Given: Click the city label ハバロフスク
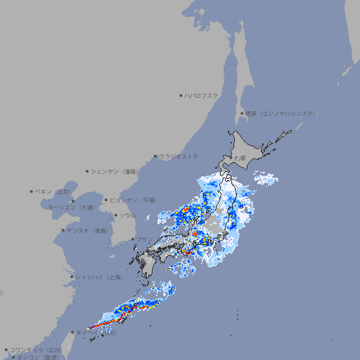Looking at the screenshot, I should tap(202, 95).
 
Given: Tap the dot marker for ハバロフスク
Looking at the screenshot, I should tap(181, 95).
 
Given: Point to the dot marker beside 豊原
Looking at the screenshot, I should tap(242, 113).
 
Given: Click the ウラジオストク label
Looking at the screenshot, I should tap(179, 156).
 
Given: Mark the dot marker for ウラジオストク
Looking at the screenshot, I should tap(155, 156).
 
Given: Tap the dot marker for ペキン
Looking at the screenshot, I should tap(32, 191).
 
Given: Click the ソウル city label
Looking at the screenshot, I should tap(127, 215).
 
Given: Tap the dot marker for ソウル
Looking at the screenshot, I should tap(115, 215).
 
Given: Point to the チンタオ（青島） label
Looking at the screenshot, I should tap(88, 231).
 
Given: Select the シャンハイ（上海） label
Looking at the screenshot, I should tap(99, 278).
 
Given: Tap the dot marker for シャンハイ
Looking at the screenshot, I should tap(72, 277).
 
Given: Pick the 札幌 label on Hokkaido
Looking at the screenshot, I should tap(240, 158).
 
